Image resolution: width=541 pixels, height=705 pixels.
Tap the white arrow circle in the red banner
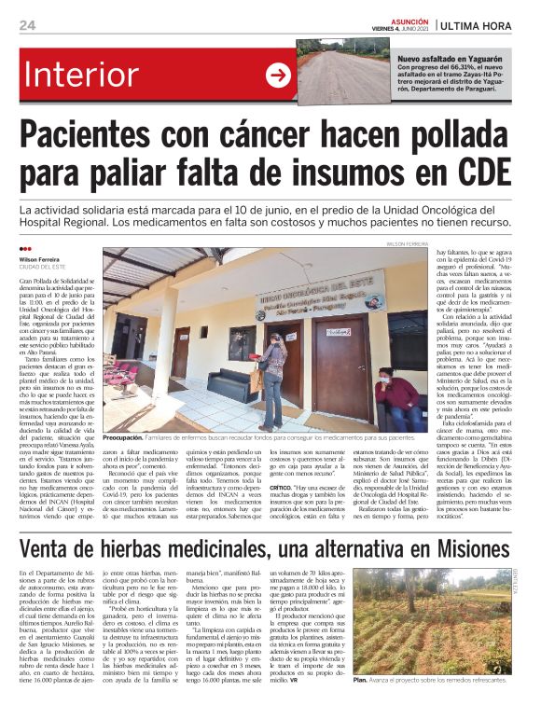(x=278, y=76)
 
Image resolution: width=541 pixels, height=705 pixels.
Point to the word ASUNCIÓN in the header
(x=405, y=18)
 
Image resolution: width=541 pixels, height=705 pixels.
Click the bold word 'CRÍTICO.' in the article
(x=284, y=486)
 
